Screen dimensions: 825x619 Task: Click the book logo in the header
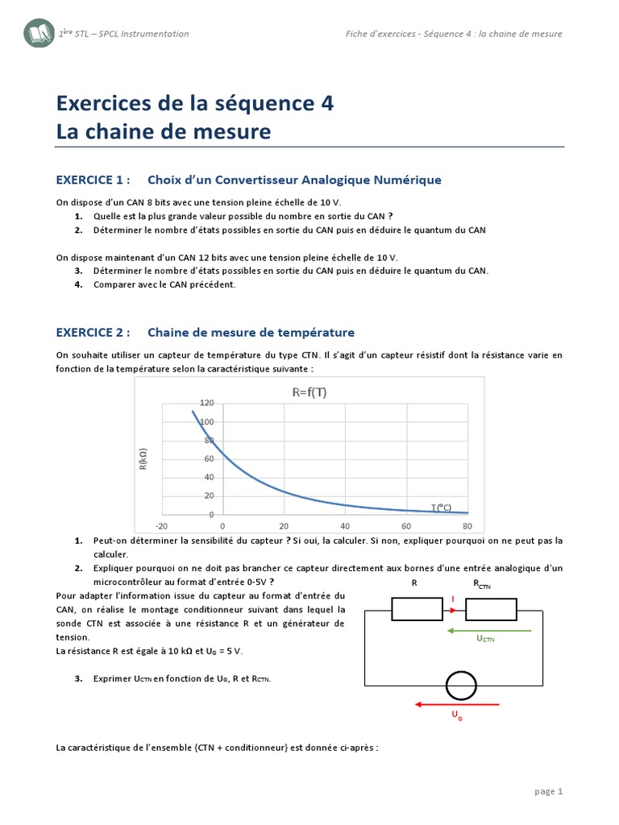(x=39, y=34)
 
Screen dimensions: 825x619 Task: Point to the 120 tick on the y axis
(x=206, y=403)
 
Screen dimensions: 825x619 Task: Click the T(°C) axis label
(x=441, y=508)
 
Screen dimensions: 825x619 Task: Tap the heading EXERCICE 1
(x=92, y=180)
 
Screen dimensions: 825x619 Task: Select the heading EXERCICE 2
(x=92, y=332)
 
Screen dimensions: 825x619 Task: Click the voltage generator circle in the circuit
(x=462, y=685)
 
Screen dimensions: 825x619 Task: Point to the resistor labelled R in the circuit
(x=416, y=610)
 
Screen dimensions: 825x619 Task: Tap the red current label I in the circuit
(x=452, y=599)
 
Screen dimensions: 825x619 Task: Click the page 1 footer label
(x=548, y=791)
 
